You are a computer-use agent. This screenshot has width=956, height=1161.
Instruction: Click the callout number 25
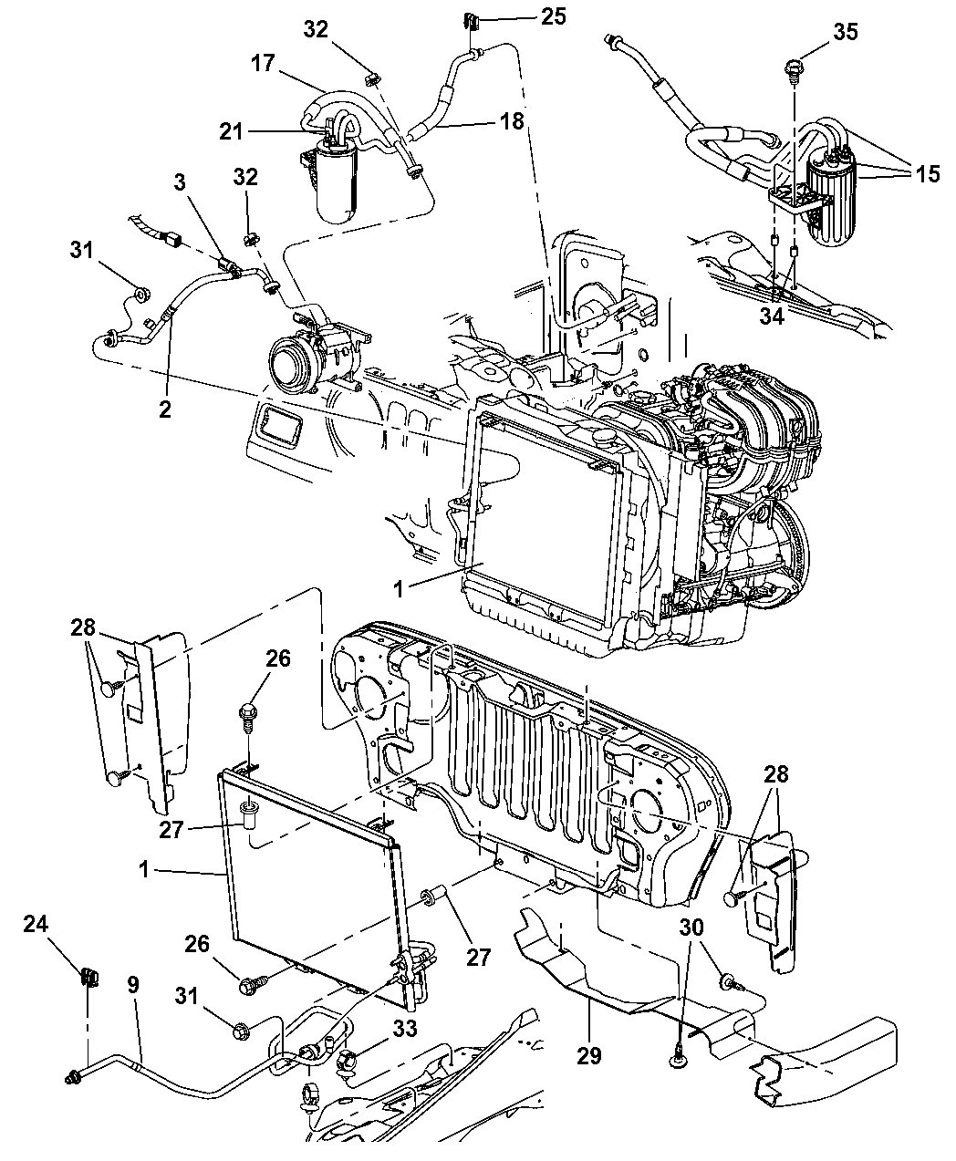[x=553, y=16]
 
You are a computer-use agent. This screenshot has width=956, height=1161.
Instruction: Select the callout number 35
[x=846, y=32]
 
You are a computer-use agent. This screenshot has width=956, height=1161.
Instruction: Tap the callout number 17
[x=263, y=63]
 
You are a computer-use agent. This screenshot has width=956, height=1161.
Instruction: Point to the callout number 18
[x=512, y=121]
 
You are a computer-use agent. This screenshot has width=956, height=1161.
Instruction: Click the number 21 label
[x=232, y=131]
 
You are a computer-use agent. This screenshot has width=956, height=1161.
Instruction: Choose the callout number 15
[x=928, y=174]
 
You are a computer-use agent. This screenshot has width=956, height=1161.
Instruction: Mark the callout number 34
[x=772, y=316]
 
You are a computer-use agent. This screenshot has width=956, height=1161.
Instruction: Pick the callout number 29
[x=588, y=1055]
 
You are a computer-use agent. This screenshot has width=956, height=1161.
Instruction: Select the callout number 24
[x=36, y=939]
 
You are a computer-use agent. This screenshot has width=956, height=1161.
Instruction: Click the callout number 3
[x=180, y=182]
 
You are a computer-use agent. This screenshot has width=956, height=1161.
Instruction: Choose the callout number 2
[x=165, y=409]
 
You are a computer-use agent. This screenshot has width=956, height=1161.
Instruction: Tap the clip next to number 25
[x=471, y=22]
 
